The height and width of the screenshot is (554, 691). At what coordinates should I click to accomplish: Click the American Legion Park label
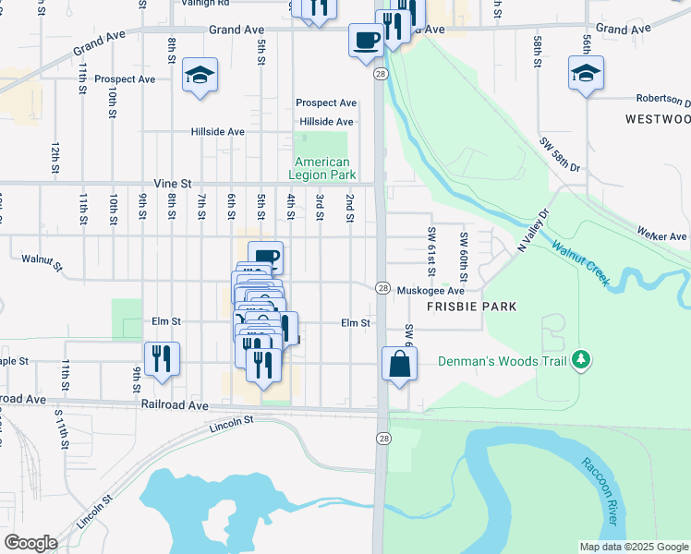point(321,168)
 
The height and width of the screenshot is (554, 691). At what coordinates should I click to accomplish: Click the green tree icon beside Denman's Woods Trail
point(580,359)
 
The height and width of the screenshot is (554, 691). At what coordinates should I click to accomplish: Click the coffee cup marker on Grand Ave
point(365,40)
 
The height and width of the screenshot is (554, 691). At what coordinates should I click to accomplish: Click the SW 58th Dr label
point(561,154)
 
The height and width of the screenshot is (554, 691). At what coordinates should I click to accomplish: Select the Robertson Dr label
point(662,99)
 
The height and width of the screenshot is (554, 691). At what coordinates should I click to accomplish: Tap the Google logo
point(30,543)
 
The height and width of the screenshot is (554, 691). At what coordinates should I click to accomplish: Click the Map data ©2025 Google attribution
point(634,547)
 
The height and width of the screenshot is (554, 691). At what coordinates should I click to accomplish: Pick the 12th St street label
point(55,158)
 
